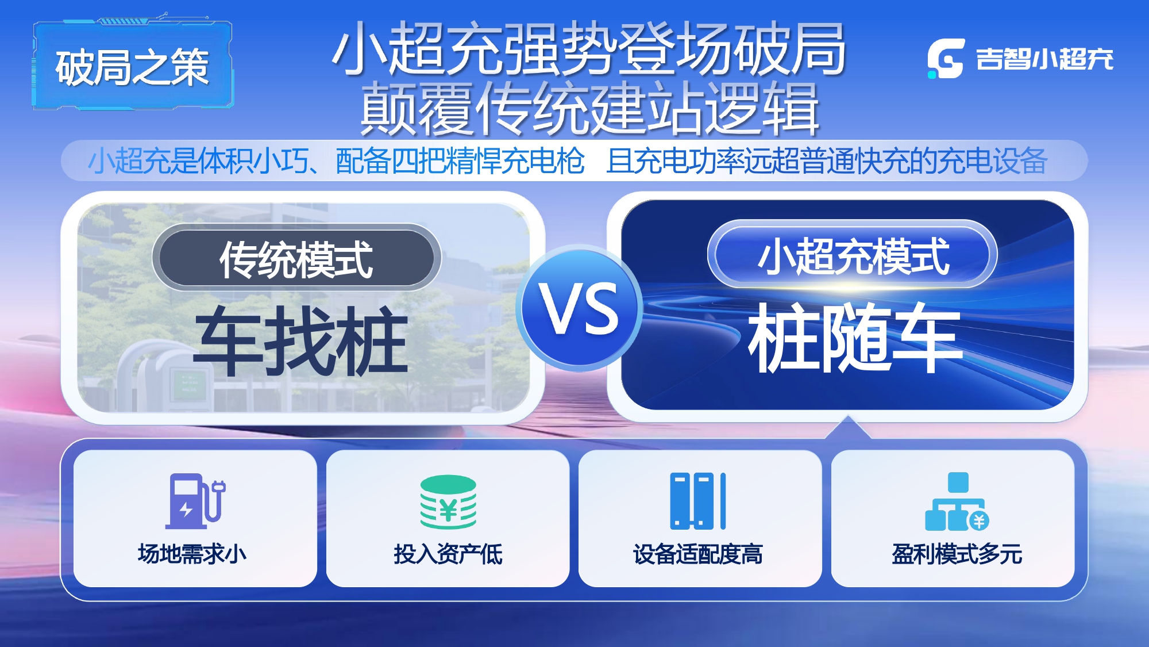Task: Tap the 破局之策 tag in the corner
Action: [133, 66]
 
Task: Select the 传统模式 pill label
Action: [296, 258]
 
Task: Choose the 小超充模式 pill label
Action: [853, 255]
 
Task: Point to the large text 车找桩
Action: [301, 340]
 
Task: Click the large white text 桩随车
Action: [855, 337]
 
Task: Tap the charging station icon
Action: [195, 501]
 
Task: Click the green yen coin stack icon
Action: [448, 501]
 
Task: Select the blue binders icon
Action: [697, 501]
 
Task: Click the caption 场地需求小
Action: [192, 554]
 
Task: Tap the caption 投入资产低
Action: [448, 554]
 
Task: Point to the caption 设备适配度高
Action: [698, 554]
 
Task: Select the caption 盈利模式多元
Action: [957, 554]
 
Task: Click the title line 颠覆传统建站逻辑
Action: [590, 108]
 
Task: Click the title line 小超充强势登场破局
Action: [589, 48]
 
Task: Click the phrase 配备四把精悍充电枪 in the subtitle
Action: [460, 160]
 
